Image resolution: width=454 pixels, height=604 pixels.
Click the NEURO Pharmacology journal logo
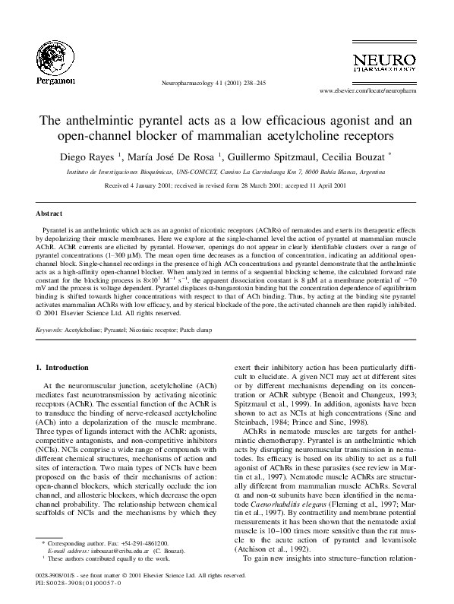click(381, 64)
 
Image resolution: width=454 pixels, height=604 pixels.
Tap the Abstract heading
click(49, 214)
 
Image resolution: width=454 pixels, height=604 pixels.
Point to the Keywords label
click(49, 330)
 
